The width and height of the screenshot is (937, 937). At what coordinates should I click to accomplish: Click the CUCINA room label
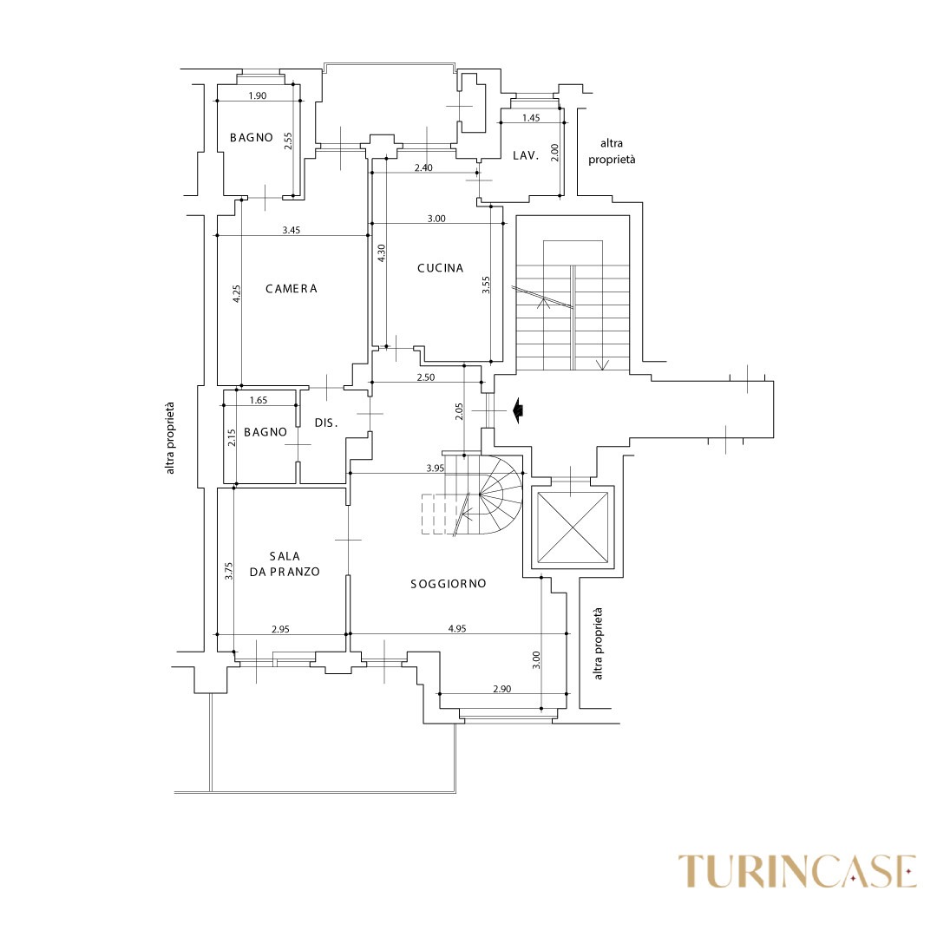[441, 268]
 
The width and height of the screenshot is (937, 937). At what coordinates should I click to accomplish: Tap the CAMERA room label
[291, 289]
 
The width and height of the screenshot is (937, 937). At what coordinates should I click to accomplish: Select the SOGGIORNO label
[449, 584]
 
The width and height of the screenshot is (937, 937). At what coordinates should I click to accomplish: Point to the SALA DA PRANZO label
[285, 564]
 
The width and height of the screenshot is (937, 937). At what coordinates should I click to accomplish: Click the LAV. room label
[526, 156]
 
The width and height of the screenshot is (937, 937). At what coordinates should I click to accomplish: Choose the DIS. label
[326, 423]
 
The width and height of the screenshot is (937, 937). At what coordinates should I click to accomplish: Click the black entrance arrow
[518, 410]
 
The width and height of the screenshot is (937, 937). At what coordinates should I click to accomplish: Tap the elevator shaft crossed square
[573, 527]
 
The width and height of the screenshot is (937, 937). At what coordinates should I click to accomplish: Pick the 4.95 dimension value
[457, 628]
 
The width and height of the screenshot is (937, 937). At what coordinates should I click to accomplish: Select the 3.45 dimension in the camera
[291, 230]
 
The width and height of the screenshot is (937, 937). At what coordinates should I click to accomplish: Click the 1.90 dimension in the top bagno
[257, 95]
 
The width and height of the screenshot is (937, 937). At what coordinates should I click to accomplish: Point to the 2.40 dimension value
[423, 168]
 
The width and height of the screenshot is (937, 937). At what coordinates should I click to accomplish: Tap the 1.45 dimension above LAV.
[531, 118]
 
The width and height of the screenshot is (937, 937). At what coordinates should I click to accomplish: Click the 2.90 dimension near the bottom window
[502, 688]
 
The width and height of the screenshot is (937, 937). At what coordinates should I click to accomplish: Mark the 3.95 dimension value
[436, 468]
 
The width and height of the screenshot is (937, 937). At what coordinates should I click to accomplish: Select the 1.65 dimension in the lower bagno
[259, 400]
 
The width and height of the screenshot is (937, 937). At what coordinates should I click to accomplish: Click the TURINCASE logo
[797, 872]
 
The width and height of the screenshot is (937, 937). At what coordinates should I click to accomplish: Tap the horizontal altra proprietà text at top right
[612, 151]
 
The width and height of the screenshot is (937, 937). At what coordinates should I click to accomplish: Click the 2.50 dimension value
[425, 377]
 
